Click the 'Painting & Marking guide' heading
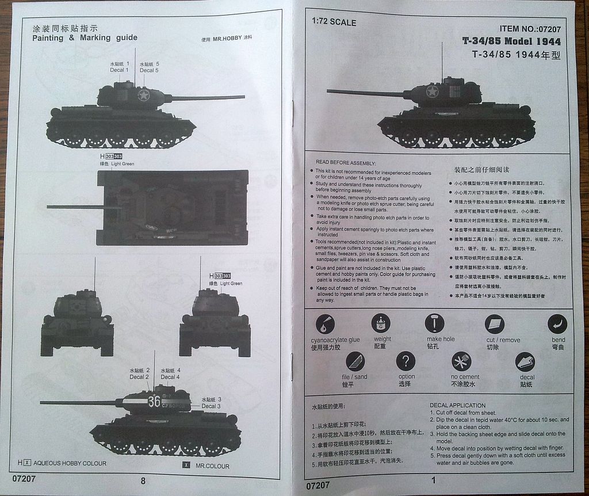click(x=85, y=37)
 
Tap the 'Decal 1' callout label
click(x=120, y=70)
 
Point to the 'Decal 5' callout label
click(x=150, y=70)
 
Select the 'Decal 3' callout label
click(x=211, y=406)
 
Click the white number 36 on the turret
click(x=154, y=402)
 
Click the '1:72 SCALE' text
click(x=334, y=22)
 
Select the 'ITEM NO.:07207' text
click(x=530, y=28)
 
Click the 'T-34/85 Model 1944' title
click(x=511, y=41)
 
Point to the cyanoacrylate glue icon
click(x=326, y=325)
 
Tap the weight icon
click(x=381, y=323)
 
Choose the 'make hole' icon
click(x=434, y=323)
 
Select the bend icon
click(x=557, y=324)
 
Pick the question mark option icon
click(x=406, y=362)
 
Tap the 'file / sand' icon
click(x=355, y=362)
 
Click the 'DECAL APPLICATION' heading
click(x=457, y=405)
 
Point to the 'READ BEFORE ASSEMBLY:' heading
click(x=346, y=163)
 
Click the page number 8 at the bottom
click(x=143, y=481)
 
